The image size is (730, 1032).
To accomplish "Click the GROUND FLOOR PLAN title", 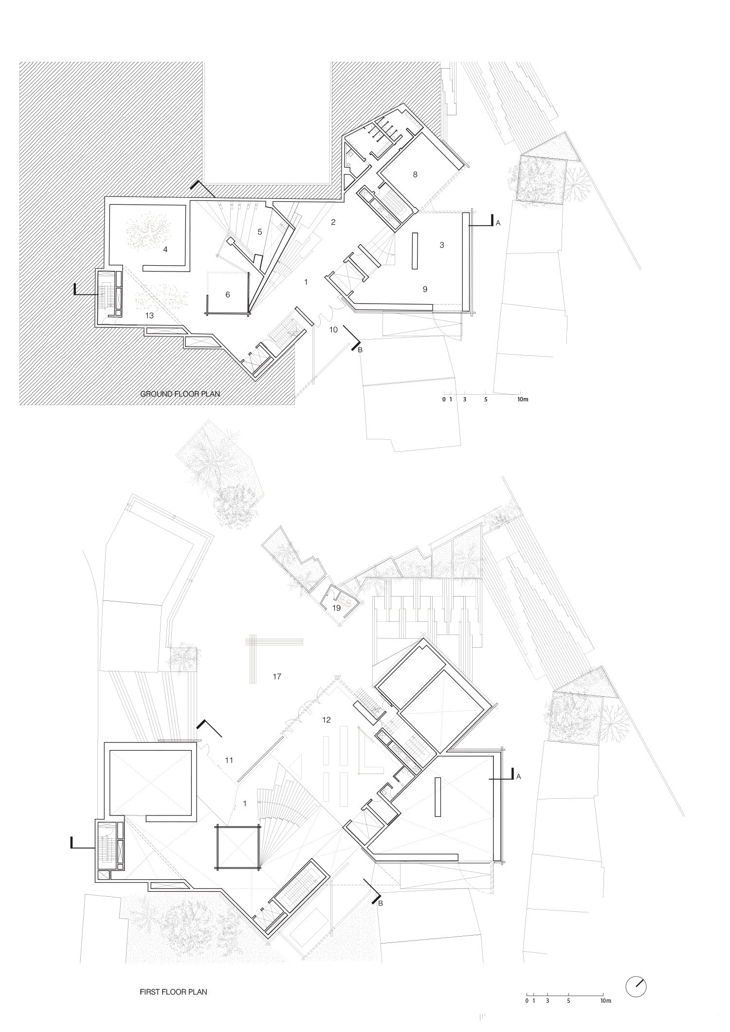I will pyautogui.click(x=180, y=394).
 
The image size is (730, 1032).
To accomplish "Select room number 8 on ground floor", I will pyautogui.click(x=415, y=174).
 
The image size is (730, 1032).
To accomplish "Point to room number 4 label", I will pyautogui.click(x=165, y=249).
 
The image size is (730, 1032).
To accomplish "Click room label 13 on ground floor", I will pyautogui.click(x=149, y=315).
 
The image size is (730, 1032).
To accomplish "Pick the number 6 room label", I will pyautogui.click(x=227, y=294).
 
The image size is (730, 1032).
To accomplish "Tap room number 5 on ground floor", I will pyautogui.click(x=259, y=232).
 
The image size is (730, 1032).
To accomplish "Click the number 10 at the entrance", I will pyautogui.click(x=333, y=329).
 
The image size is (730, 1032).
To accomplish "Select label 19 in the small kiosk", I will pyautogui.click(x=336, y=609).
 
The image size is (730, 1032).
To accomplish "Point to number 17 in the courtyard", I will pyautogui.click(x=277, y=676).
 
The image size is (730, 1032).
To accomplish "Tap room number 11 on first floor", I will pyautogui.click(x=229, y=760).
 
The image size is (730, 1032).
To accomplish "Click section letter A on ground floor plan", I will pyautogui.click(x=498, y=223).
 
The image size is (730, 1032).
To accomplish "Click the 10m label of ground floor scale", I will pyautogui.click(x=523, y=399).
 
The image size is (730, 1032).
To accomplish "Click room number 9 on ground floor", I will pyautogui.click(x=425, y=289).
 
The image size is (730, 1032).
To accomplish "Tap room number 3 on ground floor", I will pyautogui.click(x=441, y=245).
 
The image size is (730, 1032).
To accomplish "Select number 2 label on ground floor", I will pyautogui.click(x=333, y=222).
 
